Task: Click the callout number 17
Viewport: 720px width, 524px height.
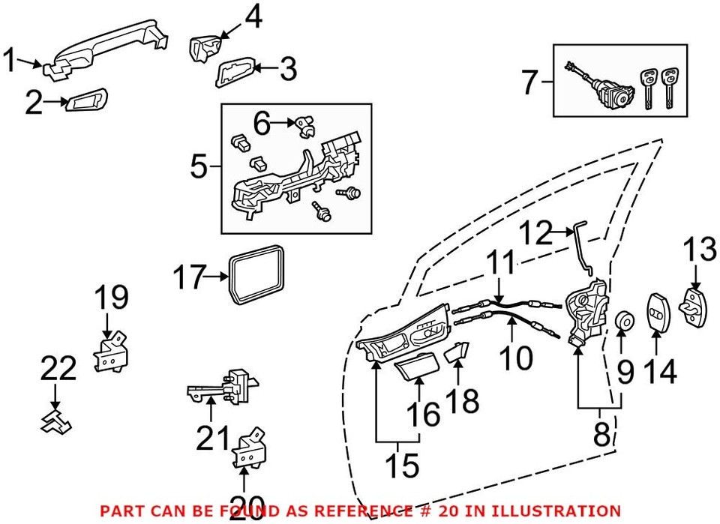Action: click(x=189, y=278)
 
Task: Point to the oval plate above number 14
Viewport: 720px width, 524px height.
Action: click(x=658, y=310)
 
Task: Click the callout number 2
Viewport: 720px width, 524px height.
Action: click(x=33, y=103)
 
